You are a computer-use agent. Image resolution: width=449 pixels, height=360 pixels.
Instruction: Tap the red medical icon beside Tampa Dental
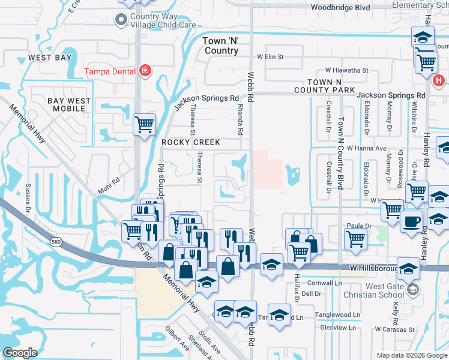[x=144, y=72]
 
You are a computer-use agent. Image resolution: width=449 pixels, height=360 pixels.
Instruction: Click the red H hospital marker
[x=439, y=79]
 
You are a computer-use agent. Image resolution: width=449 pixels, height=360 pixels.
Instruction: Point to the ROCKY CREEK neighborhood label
[x=191, y=143]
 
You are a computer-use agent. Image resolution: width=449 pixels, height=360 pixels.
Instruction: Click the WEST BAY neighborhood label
[x=50, y=58]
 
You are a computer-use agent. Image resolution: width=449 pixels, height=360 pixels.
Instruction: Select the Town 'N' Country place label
[x=221, y=46]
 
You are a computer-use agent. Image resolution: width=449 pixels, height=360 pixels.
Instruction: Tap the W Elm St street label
[x=270, y=57]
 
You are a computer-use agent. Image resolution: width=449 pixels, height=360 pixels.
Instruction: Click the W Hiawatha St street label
[x=346, y=70]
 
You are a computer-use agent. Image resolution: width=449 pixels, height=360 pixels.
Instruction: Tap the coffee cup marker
[x=411, y=221]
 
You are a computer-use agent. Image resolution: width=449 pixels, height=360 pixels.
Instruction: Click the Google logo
[x=20, y=353]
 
